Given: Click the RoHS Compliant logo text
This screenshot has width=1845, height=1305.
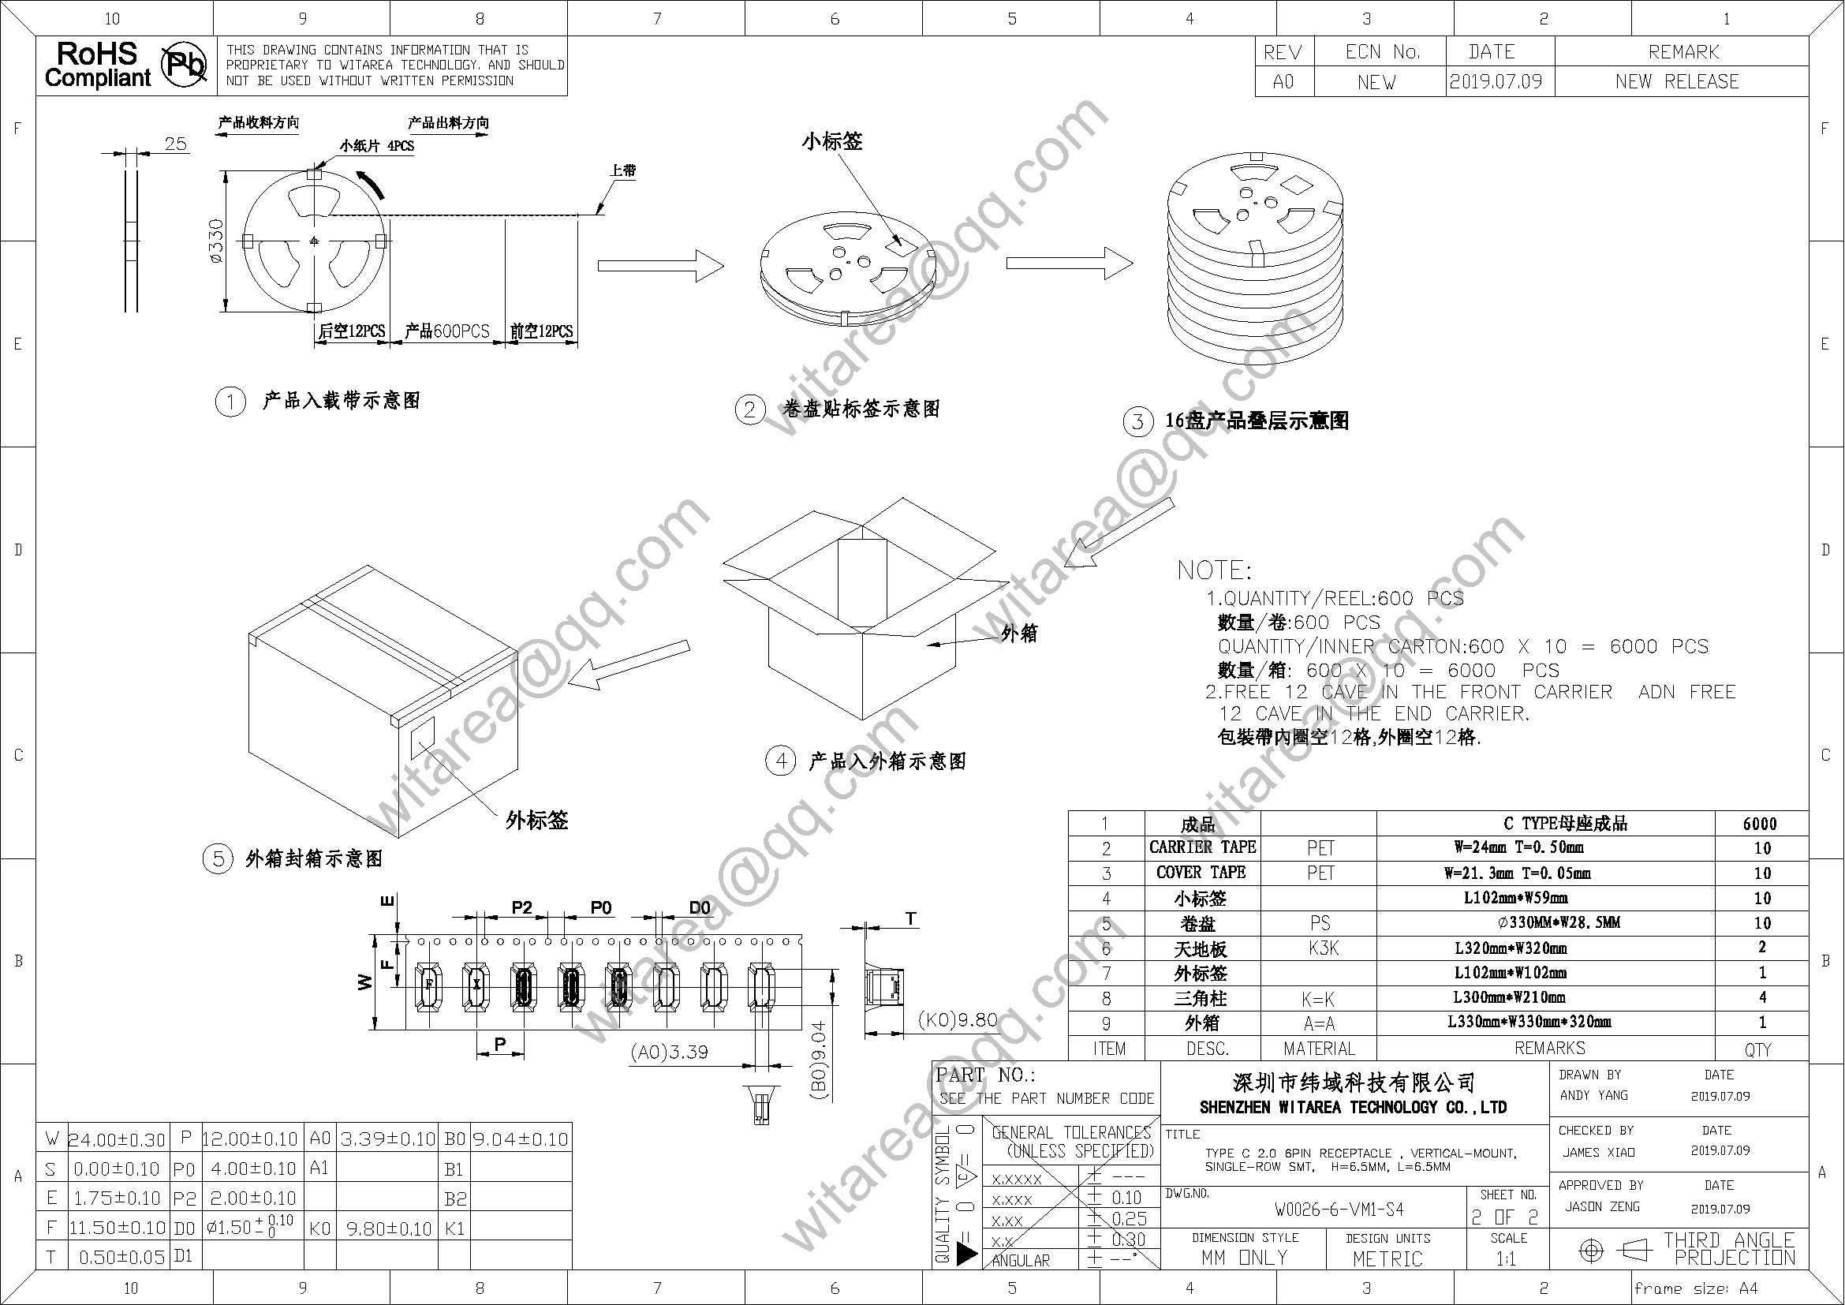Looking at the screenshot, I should pyautogui.click(x=97, y=65).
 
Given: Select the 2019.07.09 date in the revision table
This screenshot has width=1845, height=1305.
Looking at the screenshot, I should pyautogui.click(x=1496, y=82).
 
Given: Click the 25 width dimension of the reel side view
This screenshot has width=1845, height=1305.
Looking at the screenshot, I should pyautogui.click(x=175, y=144).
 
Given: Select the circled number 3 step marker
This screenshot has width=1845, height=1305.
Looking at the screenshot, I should pyautogui.click(x=1138, y=422).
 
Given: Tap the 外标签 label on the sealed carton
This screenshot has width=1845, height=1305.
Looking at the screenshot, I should pyautogui.click(x=537, y=821).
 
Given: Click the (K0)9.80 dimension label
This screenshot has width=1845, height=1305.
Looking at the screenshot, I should pyautogui.click(x=958, y=1020).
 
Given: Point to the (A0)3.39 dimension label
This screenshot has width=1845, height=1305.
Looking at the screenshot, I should pyautogui.click(x=670, y=1053).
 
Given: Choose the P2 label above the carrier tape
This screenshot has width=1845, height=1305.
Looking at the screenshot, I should pyautogui.click(x=521, y=908).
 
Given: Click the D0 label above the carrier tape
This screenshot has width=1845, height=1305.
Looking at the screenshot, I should pyautogui.click(x=700, y=908).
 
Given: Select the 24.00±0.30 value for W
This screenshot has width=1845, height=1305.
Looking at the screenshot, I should pyautogui.click(x=118, y=1139).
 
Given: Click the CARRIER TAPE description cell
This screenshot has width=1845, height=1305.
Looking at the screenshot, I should pyautogui.click(x=1202, y=847).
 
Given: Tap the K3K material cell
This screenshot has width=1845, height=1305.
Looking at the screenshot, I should pyautogui.click(x=1323, y=948).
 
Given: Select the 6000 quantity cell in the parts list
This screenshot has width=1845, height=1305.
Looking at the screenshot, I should pyautogui.click(x=1760, y=824).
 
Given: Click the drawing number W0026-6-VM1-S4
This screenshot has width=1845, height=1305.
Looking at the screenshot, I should pyautogui.click(x=1339, y=1210).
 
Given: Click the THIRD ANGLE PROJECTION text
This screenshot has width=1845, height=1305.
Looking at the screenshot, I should pyautogui.click(x=1727, y=1250).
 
